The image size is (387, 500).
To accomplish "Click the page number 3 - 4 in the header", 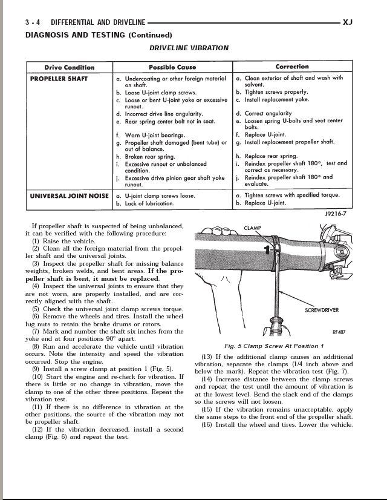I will (x=33, y=22).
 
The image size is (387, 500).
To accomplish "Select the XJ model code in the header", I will (x=347, y=22).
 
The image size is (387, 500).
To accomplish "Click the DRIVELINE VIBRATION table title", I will (x=189, y=48).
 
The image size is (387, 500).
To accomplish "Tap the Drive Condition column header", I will (x=70, y=67).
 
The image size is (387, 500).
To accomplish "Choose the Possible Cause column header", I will (x=172, y=67).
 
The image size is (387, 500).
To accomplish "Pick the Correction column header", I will (x=292, y=67).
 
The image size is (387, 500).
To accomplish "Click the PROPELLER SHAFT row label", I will (x=59, y=79).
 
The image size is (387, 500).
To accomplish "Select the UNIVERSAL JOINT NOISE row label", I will (x=69, y=196).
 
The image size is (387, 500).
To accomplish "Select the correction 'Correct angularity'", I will (x=268, y=113).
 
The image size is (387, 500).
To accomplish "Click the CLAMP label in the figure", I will (x=253, y=228).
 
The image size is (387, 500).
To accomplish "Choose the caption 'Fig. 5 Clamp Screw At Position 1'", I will (x=274, y=346).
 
